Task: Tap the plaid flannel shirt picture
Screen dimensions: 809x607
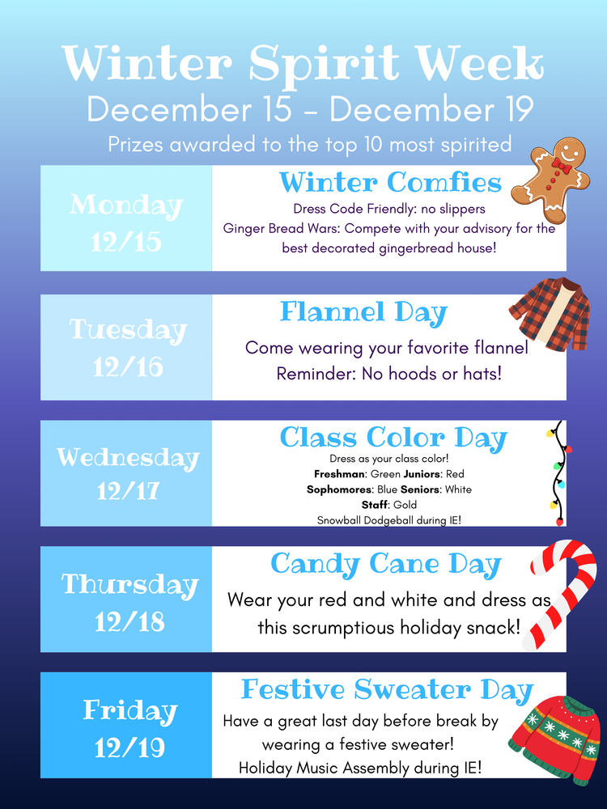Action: click(x=550, y=313)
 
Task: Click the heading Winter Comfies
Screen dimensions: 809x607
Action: click(x=390, y=181)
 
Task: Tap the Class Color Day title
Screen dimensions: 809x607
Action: click(x=393, y=438)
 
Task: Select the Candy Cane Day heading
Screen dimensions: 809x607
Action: click(x=386, y=564)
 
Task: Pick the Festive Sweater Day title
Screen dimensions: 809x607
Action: click(x=387, y=690)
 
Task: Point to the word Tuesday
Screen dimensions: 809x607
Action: click(x=127, y=330)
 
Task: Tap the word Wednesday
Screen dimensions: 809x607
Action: click(x=127, y=457)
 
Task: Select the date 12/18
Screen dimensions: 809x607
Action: click(x=129, y=621)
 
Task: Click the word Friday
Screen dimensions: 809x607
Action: click(x=129, y=711)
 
